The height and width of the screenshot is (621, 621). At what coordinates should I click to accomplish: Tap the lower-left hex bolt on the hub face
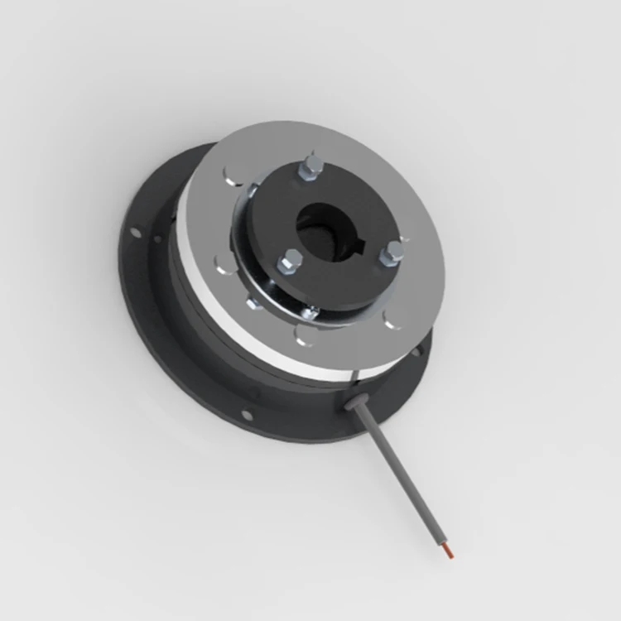(291, 263)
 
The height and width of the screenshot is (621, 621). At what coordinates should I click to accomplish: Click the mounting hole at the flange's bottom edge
(246, 415)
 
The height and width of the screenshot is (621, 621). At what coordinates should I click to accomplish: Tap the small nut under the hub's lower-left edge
(254, 302)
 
